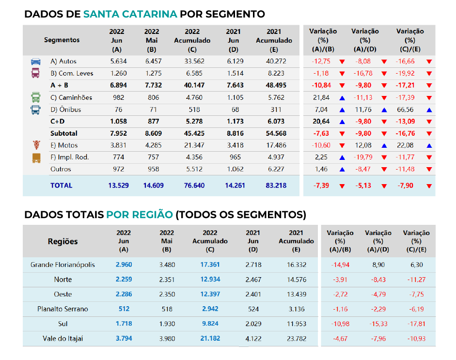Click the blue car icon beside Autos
click(x=36, y=62)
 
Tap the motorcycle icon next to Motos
click(x=36, y=145)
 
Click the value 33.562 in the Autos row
click(x=192, y=62)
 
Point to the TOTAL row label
click(x=61, y=186)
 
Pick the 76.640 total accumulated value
click(x=192, y=186)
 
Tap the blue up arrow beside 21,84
click(x=342, y=98)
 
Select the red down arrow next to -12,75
click(x=342, y=62)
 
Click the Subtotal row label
click(x=63, y=133)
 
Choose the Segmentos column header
click(x=62, y=40)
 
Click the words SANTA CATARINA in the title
click(x=130, y=14)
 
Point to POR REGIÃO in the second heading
click(x=140, y=215)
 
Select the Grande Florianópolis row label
click(x=63, y=265)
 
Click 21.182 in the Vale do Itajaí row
click(x=210, y=338)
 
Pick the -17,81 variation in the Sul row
click(x=416, y=324)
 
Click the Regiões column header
click(x=63, y=241)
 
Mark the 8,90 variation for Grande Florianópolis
click(x=377, y=265)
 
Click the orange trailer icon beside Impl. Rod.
click(x=36, y=157)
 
